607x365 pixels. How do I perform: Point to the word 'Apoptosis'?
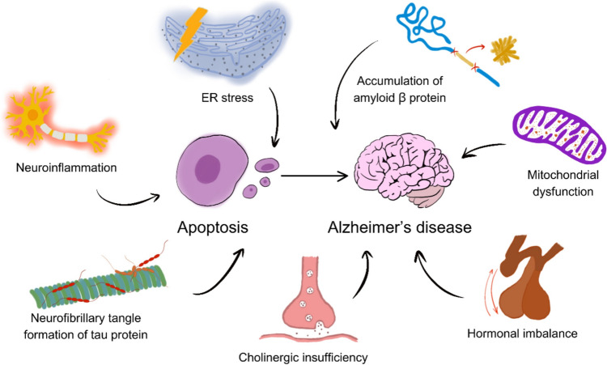pyautogui.click(x=214, y=227)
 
